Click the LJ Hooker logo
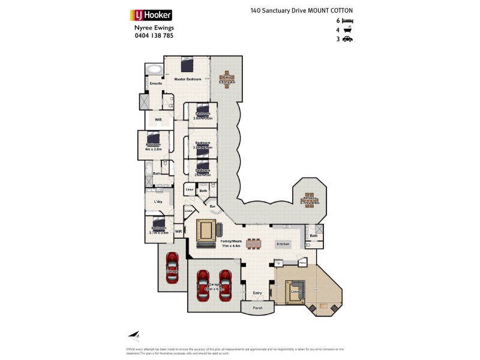pos(151,15)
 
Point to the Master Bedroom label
pos(187,79)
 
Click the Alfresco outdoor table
pos(310,198)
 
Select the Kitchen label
pos(283,244)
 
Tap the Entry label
pos(257,292)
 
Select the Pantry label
pos(302,263)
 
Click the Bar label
pos(211,206)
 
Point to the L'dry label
pos(158,202)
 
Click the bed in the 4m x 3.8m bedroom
pos(154,139)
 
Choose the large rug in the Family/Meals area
pos(206,230)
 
